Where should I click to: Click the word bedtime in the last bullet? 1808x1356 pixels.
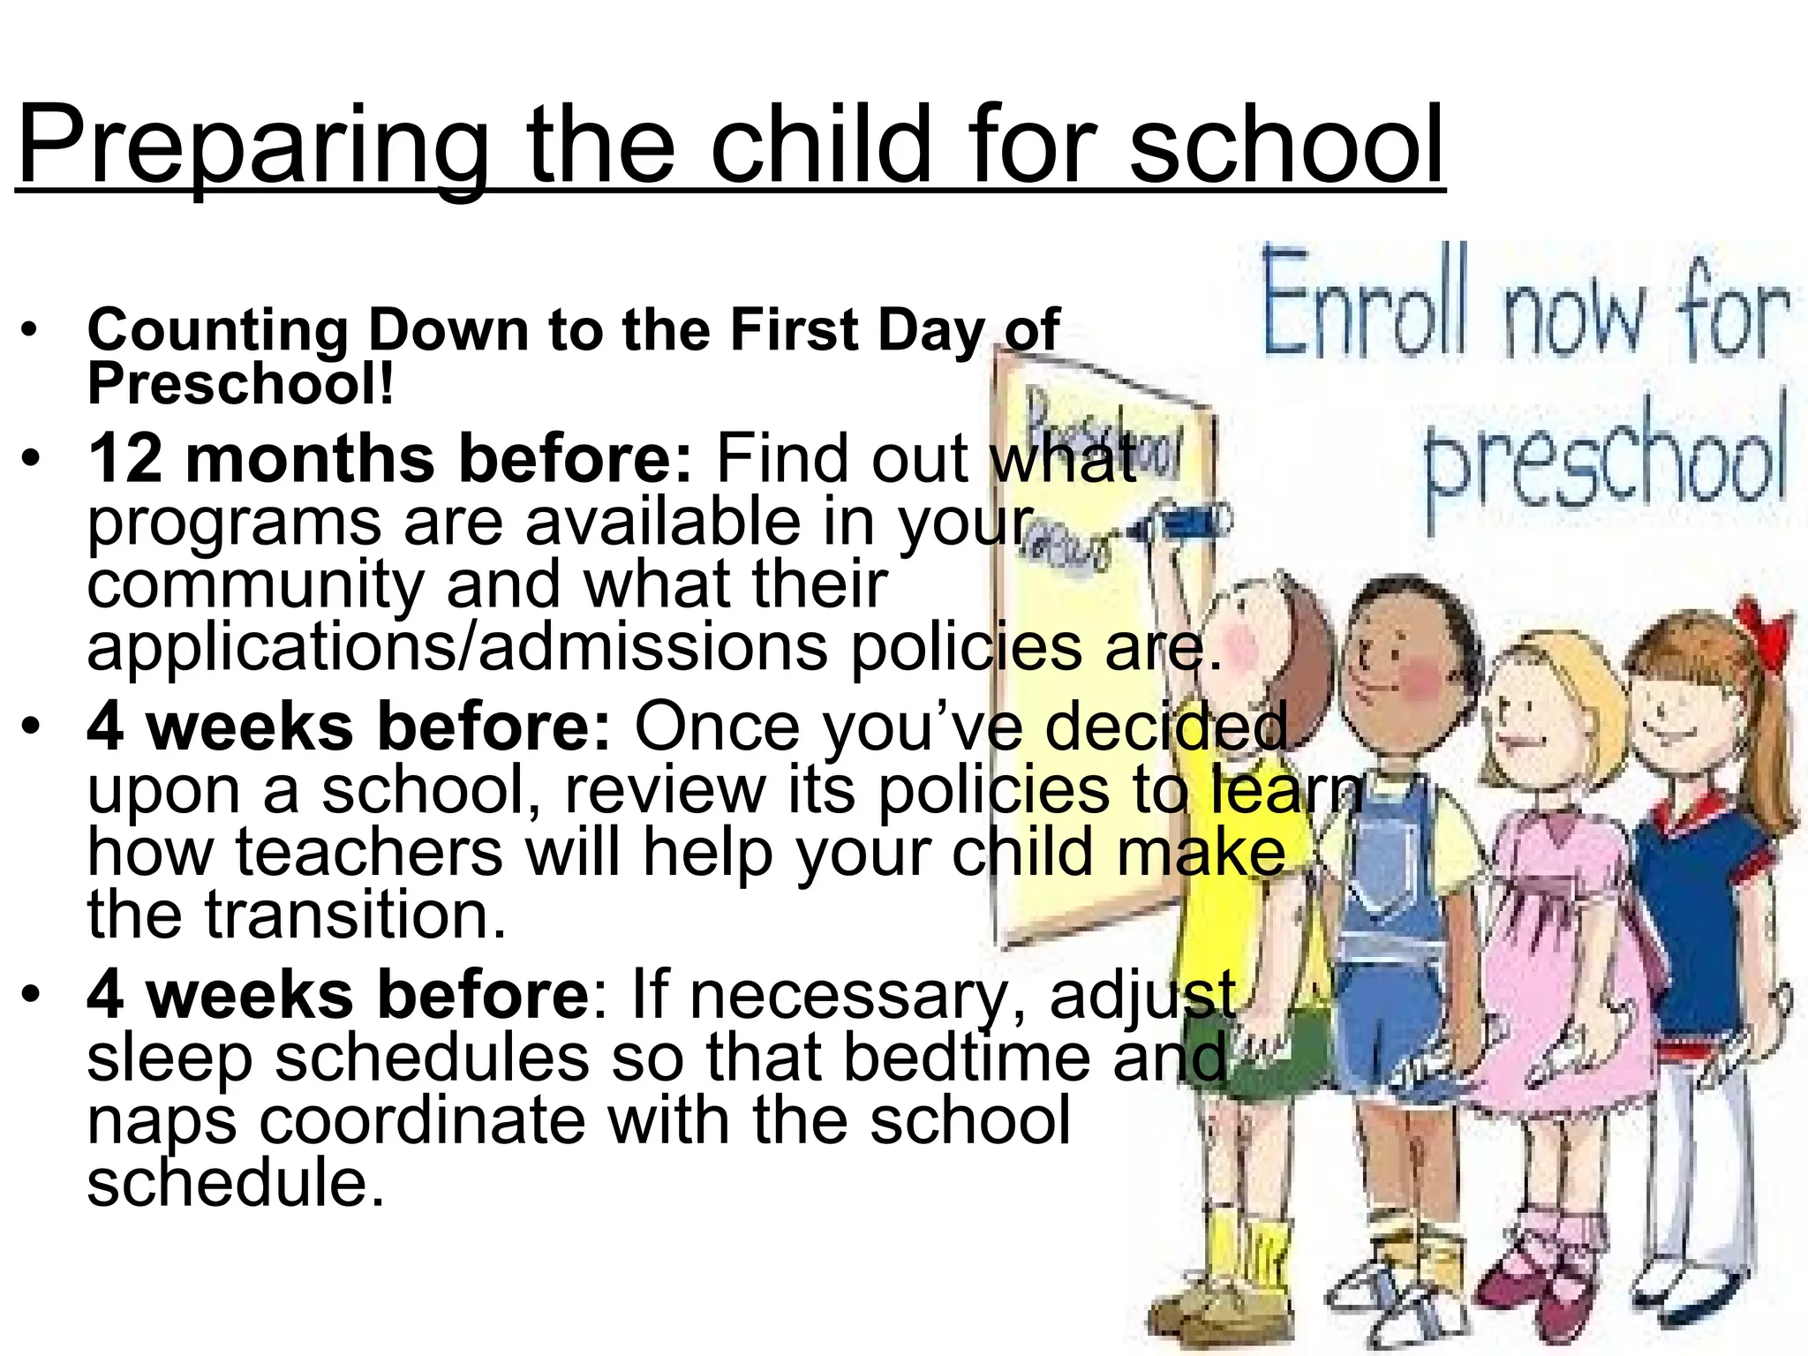pos(967,1058)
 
